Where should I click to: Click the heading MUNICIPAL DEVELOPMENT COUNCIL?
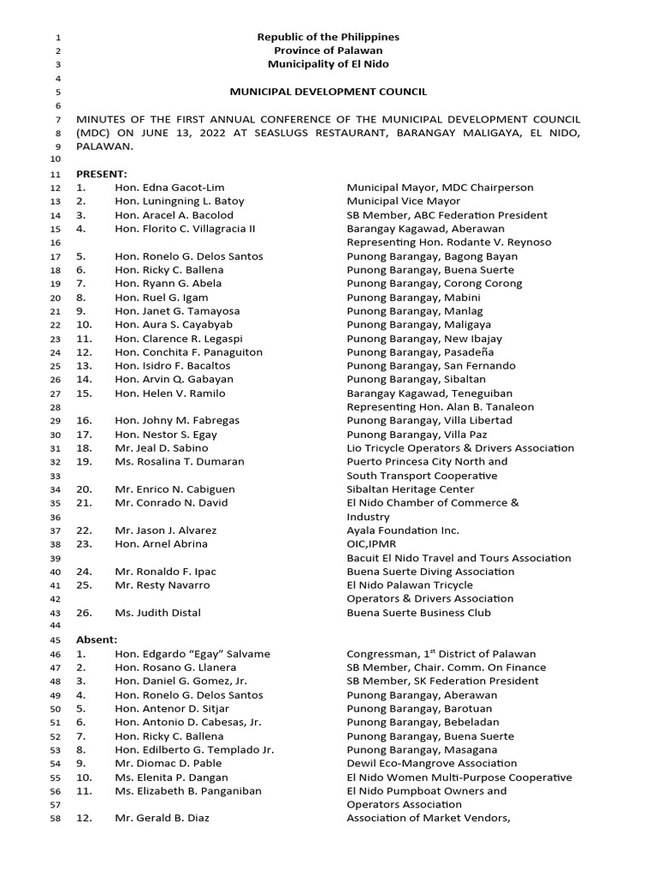point(328,92)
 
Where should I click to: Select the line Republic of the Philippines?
point(328,37)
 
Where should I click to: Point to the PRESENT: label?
point(102,174)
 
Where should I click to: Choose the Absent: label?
point(97,640)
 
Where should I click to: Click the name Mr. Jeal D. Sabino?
point(161,448)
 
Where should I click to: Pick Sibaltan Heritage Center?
point(409,489)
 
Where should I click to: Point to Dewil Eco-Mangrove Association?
point(432,763)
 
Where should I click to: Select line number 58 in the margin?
point(56,819)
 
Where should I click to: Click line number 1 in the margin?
point(58,38)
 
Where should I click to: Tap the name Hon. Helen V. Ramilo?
point(170,394)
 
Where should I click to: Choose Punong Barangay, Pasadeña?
point(420,352)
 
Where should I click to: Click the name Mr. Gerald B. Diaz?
point(162,818)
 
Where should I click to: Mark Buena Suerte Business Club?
point(419,613)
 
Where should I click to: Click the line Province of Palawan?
point(328,50)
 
